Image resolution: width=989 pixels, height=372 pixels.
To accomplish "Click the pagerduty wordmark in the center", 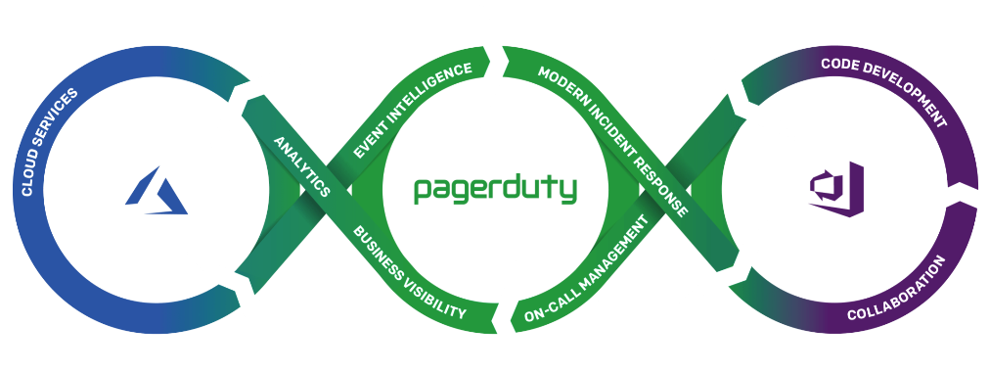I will [x=495, y=189].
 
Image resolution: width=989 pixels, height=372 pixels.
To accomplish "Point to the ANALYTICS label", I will [x=301, y=163].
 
